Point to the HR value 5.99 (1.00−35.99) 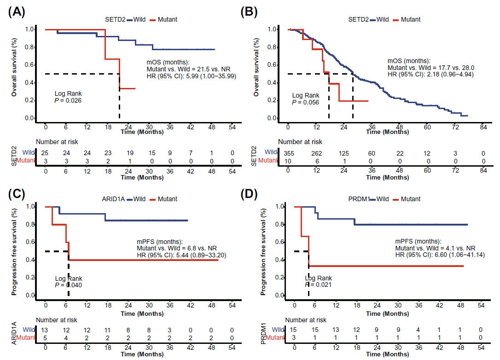[x=191, y=76]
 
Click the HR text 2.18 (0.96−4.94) [x=430, y=74]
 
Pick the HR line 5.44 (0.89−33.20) [x=181, y=255]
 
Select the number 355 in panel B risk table [x=288, y=152]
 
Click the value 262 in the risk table [x=315, y=152]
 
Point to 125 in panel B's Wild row [x=343, y=152]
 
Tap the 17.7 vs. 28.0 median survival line [x=430, y=67]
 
